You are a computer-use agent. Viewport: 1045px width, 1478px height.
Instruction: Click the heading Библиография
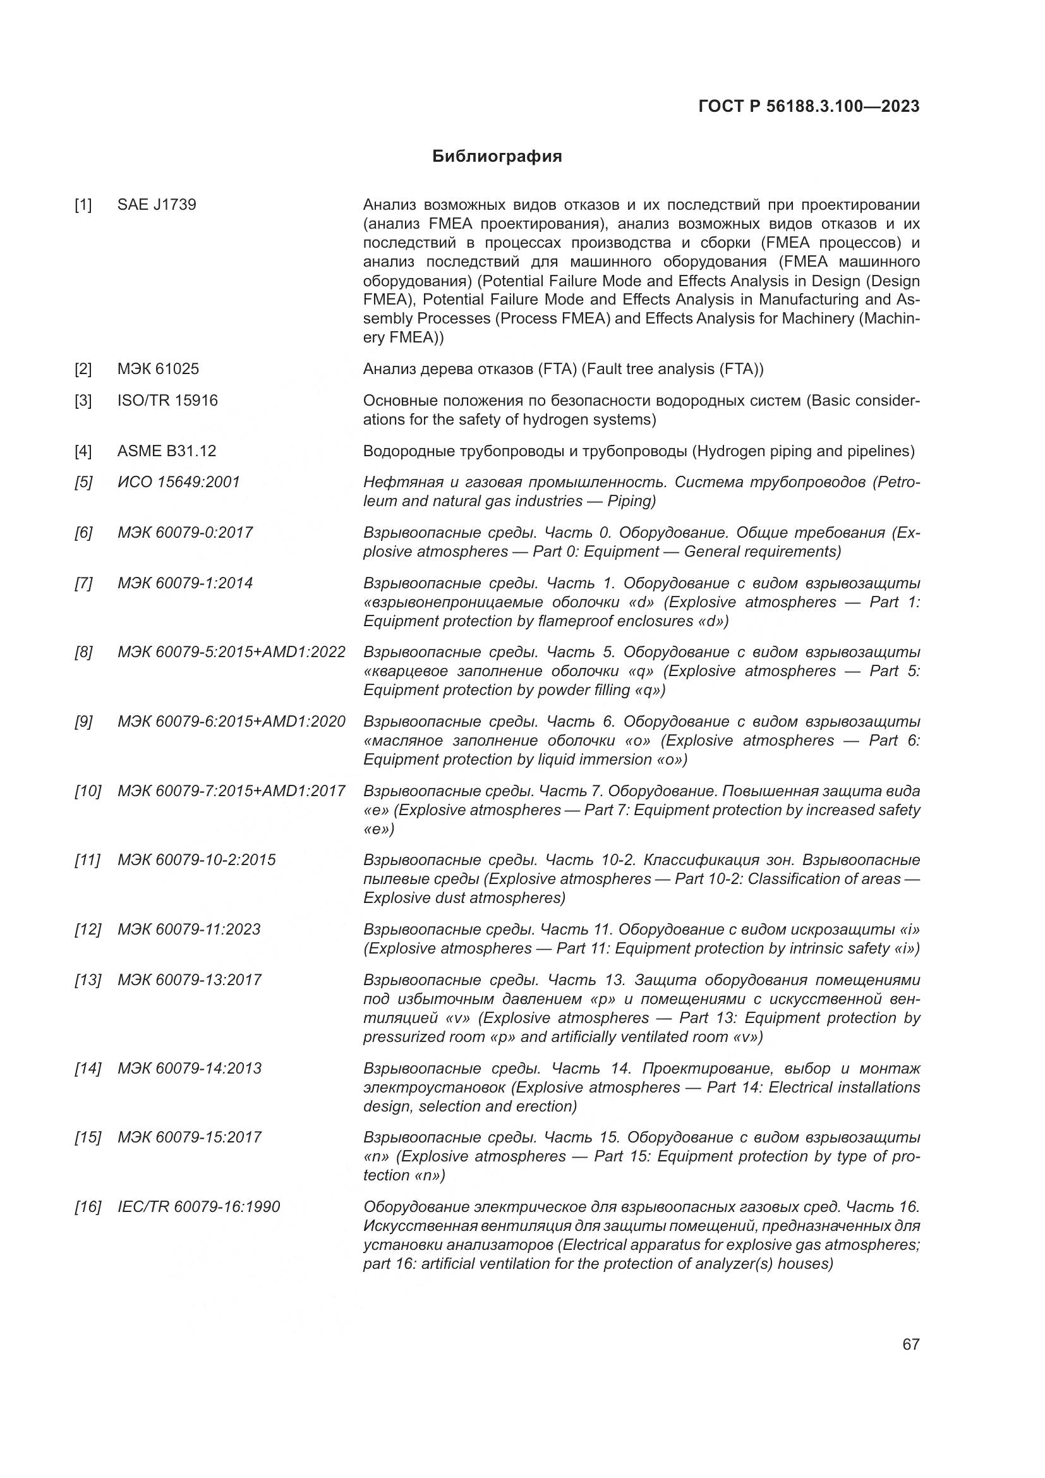497,157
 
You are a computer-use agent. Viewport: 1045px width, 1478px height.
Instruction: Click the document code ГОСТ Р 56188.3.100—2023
808,106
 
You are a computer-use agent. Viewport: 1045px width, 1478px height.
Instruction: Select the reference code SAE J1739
156,205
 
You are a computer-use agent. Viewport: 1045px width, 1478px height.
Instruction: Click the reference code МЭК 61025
158,369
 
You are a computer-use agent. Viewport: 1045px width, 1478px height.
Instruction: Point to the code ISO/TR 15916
167,401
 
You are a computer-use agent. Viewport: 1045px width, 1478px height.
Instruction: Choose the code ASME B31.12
167,451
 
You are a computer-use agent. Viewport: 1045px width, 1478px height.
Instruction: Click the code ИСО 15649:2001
178,482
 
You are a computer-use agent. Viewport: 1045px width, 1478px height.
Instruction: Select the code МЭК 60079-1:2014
184,583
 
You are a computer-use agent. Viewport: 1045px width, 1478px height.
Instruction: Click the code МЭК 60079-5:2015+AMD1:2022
231,652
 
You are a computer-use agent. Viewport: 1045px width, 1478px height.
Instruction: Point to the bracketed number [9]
83,722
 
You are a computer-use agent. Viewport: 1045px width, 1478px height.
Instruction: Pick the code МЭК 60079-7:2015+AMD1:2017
231,790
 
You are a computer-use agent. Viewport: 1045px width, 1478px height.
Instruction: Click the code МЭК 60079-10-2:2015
196,860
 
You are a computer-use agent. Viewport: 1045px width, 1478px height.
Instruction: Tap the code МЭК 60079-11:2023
188,930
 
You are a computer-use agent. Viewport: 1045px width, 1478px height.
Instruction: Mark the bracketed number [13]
88,980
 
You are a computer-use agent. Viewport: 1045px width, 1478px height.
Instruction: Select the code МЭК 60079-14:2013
189,1069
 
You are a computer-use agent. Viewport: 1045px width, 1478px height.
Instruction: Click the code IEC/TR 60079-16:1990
198,1206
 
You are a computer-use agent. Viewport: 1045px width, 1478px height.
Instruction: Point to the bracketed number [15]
88,1137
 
